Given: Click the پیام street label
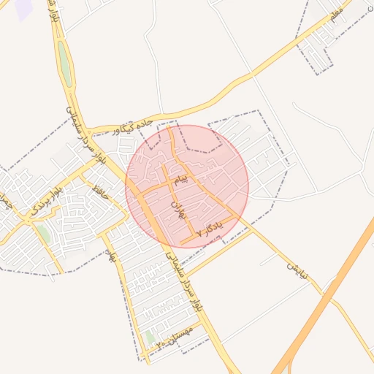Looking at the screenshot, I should (180, 178).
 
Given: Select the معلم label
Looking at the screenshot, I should (337, 15).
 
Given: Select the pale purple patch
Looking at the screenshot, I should (23, 9).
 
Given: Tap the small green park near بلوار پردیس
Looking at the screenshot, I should (44, 234).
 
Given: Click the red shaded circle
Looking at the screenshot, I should (187, 186).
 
